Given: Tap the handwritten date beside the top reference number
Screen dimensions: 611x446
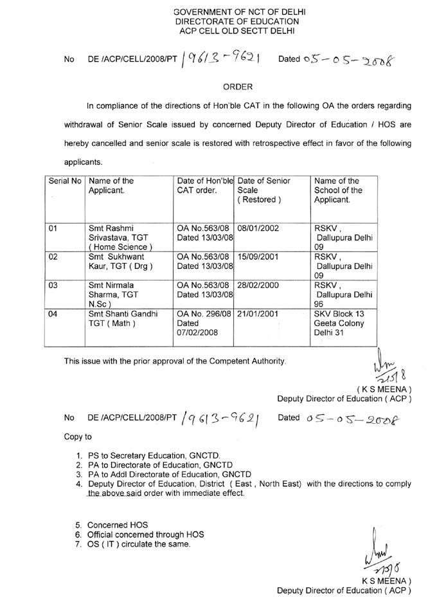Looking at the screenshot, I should click(337, 60).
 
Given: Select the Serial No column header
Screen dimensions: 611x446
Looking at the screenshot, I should click(65, 181).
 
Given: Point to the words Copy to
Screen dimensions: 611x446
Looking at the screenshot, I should click(78, 437).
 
